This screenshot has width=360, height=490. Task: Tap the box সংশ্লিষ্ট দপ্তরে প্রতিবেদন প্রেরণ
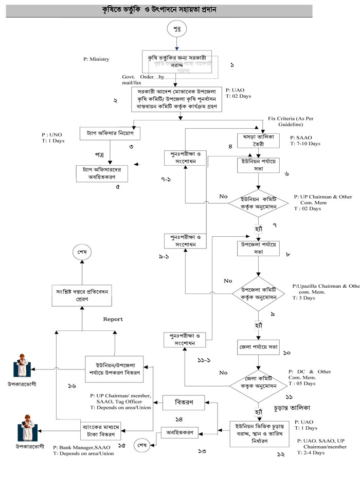click(84, 294)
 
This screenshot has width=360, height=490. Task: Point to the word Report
click(113, 320)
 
